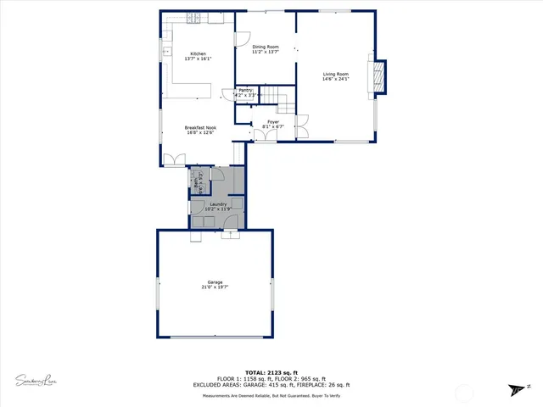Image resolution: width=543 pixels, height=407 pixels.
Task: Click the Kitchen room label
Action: tap(197, 53)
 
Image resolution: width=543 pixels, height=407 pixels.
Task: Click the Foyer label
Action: tap(273, 122)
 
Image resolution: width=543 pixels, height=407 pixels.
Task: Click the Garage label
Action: tap(216, 282)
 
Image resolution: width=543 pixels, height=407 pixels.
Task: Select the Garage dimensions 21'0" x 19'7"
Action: tap(216, 287)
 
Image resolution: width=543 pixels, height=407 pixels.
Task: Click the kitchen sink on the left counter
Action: tap(165, 53)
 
